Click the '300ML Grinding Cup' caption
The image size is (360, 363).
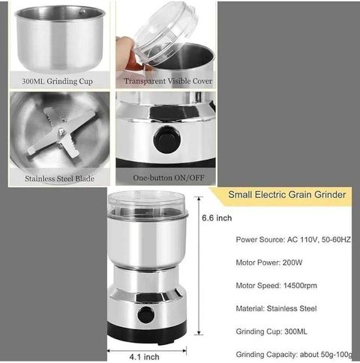point(57,81)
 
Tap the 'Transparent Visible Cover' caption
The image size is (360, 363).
point(168,81)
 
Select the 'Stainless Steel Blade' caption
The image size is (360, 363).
point(59,178)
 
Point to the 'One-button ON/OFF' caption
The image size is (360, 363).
point(169,178)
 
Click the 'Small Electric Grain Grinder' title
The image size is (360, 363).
point(287,194)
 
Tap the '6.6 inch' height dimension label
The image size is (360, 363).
point(217,218)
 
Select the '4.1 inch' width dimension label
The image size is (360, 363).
point(144,357)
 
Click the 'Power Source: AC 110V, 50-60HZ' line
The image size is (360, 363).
point(293,239)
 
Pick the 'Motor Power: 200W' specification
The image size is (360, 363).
point(269,262)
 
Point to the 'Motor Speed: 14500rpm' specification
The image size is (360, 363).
point(276,286)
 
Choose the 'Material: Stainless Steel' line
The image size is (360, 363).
point(276,308)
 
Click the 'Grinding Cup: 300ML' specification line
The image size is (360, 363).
point(271,331)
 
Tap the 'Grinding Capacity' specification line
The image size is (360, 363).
point(294,355)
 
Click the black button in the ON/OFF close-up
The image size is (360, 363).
point(167,139)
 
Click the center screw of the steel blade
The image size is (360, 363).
point(61,131)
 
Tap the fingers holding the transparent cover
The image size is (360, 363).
point(127,53)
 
